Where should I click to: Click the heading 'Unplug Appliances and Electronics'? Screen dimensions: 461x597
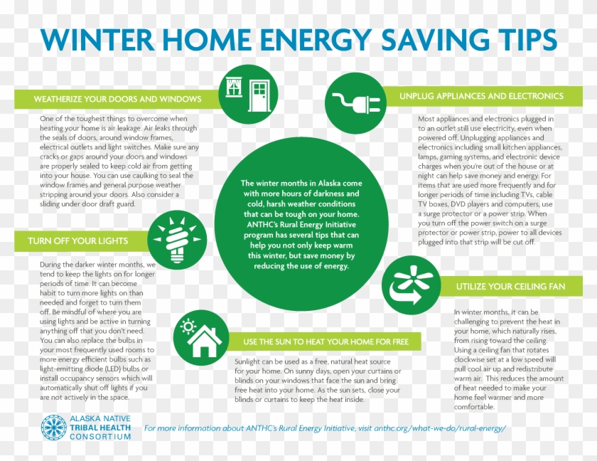point(481,95)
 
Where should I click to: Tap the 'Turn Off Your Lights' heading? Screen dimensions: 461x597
point(78,240)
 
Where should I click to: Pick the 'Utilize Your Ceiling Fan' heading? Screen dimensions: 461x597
point(510,286)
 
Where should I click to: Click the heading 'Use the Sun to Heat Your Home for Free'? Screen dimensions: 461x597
point(326,341)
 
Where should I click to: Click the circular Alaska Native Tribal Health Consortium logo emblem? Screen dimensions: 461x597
point(53,426)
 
